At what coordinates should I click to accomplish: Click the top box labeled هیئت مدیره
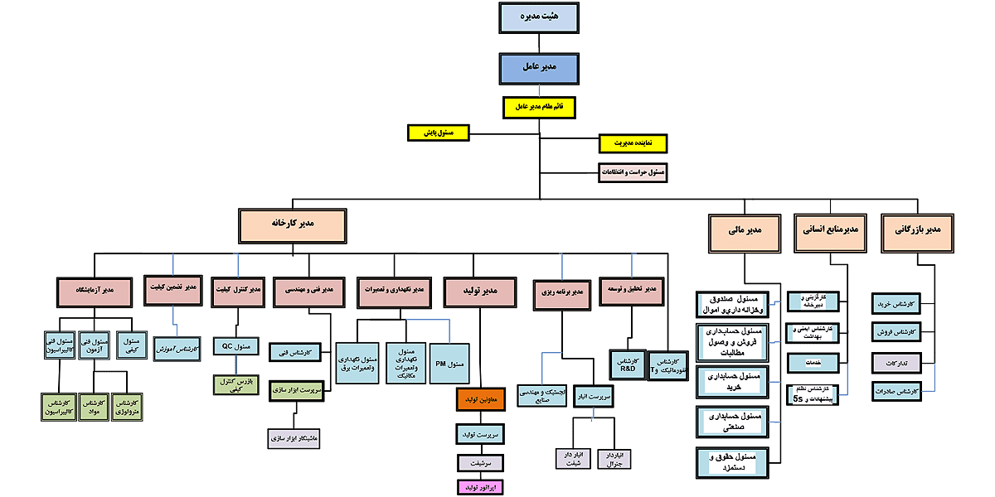[539, 17]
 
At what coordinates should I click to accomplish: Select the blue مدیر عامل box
[539, 68]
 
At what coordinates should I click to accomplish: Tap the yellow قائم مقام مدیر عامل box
[539, 107]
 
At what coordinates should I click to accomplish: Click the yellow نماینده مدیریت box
[633, 143]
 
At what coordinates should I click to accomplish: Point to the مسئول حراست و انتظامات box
[633, 172]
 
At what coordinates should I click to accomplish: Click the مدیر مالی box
[745, 233]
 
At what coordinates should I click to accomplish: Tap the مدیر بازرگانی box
[916, 229]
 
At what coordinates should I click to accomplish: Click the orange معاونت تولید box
[480, 399]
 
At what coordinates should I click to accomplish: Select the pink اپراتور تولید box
[480, 487]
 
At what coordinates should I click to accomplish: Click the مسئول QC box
[239, 346]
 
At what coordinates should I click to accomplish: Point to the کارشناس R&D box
[628, 364]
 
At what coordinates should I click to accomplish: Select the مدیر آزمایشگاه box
[95, 291]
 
